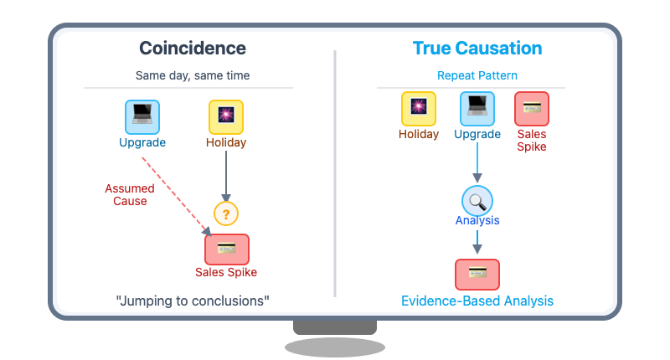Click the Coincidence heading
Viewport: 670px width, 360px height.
click(193, 49)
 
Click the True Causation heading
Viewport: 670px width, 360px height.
click(477, 49)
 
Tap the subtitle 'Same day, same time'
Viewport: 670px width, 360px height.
click(193, 75)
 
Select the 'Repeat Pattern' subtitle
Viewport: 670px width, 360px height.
click(477, 75)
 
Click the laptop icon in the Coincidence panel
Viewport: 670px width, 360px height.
click(142, 117)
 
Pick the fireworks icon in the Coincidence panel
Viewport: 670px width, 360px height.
click(226, 117)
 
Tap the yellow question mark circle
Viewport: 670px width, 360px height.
click(226, 213)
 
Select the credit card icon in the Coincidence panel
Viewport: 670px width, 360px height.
click(227, 249)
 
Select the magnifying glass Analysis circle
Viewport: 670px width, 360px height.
click(477, 200)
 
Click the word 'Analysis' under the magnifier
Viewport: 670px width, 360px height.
click(477, 221)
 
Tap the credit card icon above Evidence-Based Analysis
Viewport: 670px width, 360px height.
click(477, 274)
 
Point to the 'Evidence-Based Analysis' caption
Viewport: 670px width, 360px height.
click(477, 301)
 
